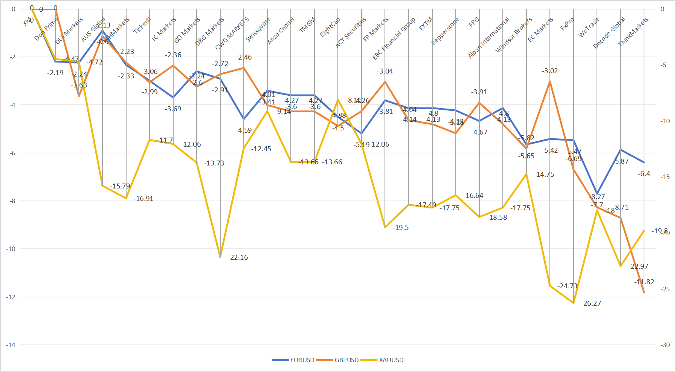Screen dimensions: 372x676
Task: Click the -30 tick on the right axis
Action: point(665,345)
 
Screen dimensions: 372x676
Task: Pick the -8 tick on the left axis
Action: point(12,201)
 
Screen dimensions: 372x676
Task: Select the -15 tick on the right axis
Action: point(665,177)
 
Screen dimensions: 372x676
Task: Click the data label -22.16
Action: point(238,257)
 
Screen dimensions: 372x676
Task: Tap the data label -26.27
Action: point(591,303)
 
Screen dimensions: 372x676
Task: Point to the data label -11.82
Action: point(644,282)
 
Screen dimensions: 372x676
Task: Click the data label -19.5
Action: point(400,228)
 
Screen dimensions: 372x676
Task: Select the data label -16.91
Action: point(143,199)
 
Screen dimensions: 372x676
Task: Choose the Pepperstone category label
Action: point(445,31)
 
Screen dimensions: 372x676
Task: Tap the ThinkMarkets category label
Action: point(633,32)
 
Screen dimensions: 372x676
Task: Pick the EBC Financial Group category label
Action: point(394,38)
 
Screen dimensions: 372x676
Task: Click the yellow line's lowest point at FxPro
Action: point(574,303)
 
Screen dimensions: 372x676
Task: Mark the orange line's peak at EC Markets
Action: point(550,81)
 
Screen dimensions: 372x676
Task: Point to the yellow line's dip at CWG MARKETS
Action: point(220,257)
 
